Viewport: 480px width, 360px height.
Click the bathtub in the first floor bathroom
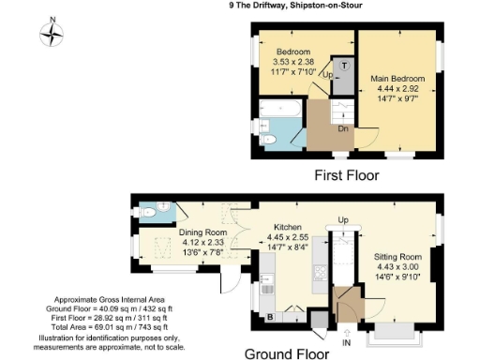tap(278, 120)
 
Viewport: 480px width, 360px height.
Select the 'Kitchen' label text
tap(287, 228)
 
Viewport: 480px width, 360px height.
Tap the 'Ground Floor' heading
tap(287, 353)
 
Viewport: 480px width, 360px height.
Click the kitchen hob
tap(319, 273)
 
